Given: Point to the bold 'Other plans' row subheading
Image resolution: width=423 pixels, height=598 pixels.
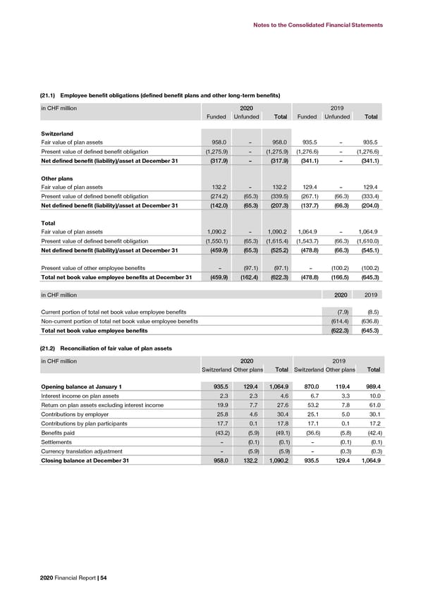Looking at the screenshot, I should click(58, 179).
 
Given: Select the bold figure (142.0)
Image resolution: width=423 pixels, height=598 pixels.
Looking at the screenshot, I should click(215, 206).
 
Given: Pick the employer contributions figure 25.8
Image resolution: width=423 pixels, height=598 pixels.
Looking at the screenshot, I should click(217, 415).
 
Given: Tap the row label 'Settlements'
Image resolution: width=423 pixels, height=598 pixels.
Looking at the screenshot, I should click(59, 442).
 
